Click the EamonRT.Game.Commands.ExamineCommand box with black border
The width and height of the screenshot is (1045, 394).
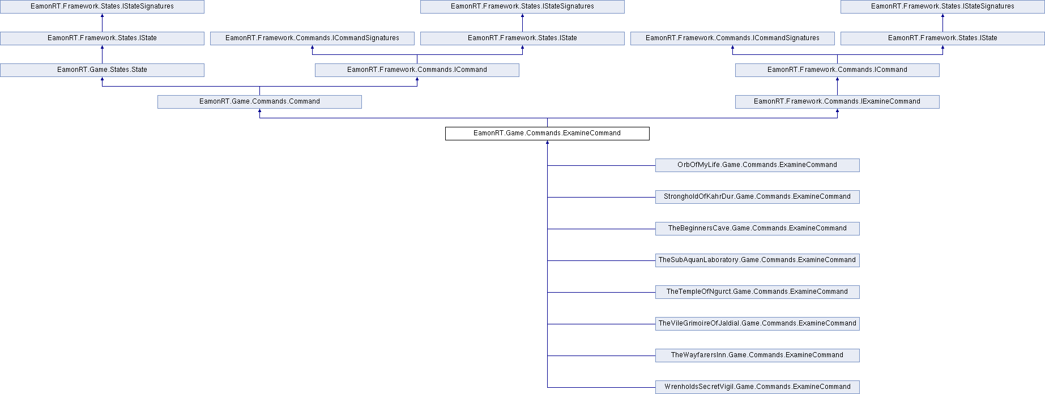[x=547, y=134]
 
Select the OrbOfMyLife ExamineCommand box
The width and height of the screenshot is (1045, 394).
[x=757, y=165]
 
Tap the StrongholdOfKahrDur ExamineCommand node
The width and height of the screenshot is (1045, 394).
[x=757, y=197]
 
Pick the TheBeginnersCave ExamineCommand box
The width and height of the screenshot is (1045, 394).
[x=757, y=229]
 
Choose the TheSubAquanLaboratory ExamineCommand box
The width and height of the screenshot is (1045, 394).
[x=757, y=260]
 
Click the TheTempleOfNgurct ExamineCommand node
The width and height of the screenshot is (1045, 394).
[x=757, y=292]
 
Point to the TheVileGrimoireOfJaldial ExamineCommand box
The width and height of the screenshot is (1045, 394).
[x=757, y=324]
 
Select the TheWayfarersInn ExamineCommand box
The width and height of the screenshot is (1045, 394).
[x=757, y=356]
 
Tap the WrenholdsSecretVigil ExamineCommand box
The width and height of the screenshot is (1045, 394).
[x=757, y=387]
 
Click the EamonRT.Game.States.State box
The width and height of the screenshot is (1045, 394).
[x=102, y=70]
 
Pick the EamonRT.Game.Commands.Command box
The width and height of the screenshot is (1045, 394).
[x=259, y=102]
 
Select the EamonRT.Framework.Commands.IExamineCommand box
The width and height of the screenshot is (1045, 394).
[x=837, y=102]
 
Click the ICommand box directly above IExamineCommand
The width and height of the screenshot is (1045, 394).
[x=837, y=70]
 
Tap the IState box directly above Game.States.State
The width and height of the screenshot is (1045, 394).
[x=102, y=38]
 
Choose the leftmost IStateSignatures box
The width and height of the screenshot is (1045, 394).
[x=102, y=7]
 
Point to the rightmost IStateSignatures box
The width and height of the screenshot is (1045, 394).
[x=942, y=7]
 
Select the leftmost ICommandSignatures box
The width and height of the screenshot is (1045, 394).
[x=312, y=38]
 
